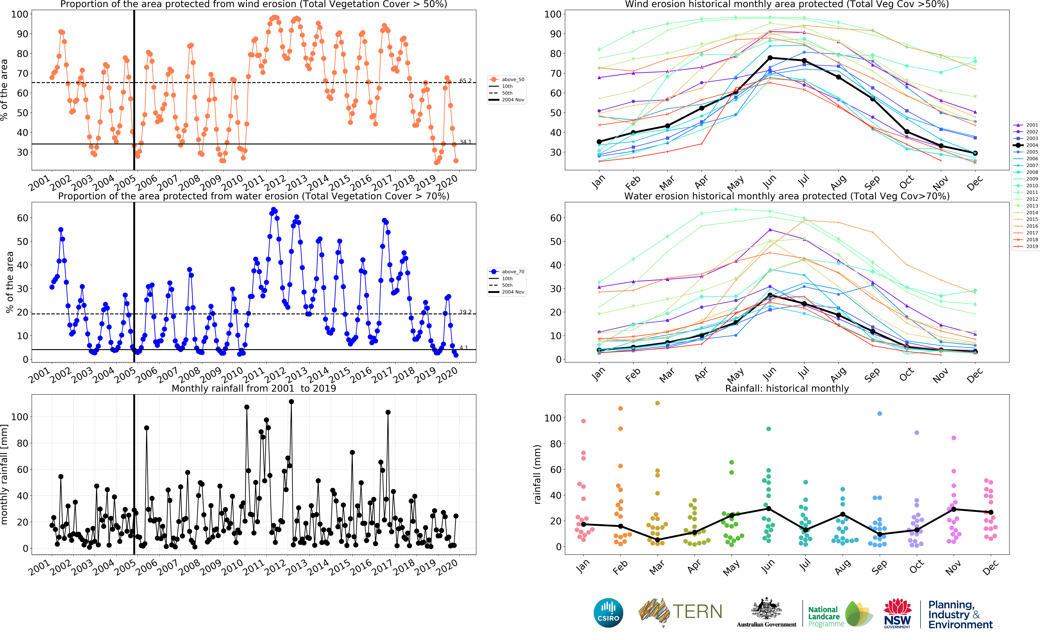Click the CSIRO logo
click(608, 613)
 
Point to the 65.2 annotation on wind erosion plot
click(465, 80)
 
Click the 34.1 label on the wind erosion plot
click(465, 142)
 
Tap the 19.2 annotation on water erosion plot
click(465, 312)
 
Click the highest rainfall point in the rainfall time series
click(291, 402)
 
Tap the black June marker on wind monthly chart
click(770, 58)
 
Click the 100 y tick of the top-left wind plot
click(20, 14)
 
